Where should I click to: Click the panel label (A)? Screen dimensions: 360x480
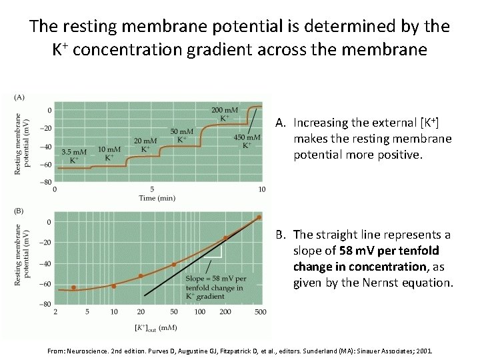coord(19,97)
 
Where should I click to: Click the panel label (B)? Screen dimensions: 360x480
coord(19,211)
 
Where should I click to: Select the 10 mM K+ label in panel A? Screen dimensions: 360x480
coord(109,153)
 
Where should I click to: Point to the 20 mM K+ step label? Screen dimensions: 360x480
coord(145,144)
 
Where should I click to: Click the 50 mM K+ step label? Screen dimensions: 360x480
coord(182,135)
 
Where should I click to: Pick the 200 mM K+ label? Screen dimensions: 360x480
coord(225,113)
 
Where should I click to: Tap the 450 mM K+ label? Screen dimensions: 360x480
coord(247,141)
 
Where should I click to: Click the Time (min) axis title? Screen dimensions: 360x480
coord(157,198)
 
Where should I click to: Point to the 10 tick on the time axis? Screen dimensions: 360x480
coord(261,189)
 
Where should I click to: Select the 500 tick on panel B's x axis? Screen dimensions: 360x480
coord(260,312)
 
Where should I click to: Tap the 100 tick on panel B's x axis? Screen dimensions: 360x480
coord(199,312)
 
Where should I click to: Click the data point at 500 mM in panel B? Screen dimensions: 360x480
coord(259,218)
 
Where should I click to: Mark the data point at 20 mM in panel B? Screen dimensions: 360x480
coord(141,276)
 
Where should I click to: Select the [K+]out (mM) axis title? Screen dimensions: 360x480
coord(157,328)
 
